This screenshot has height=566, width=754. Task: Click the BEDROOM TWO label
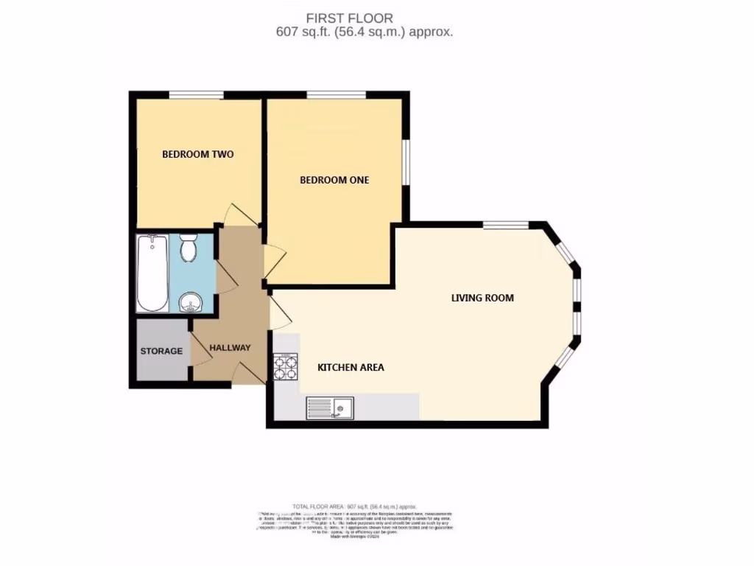(197, 155)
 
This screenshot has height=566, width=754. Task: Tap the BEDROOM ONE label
(334, 180)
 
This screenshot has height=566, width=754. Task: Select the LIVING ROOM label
(482, 298)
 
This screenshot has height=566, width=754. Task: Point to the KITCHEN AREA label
(350, 367)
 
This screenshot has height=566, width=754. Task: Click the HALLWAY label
(230, 348)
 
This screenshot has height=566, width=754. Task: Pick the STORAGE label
(161, 351)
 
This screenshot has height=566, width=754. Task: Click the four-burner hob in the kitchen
(285, 366)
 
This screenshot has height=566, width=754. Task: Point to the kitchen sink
(330, 407)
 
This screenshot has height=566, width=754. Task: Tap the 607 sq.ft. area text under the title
(364, 32)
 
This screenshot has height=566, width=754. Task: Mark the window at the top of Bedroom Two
(196, 94)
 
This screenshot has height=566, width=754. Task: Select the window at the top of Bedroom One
(336, 94)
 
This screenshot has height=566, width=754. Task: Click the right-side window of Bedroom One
(405, 161)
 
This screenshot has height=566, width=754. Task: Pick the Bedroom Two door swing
(242, 215)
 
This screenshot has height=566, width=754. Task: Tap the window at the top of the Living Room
(505, 224)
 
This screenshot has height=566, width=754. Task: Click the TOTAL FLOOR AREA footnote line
(355, 507)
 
